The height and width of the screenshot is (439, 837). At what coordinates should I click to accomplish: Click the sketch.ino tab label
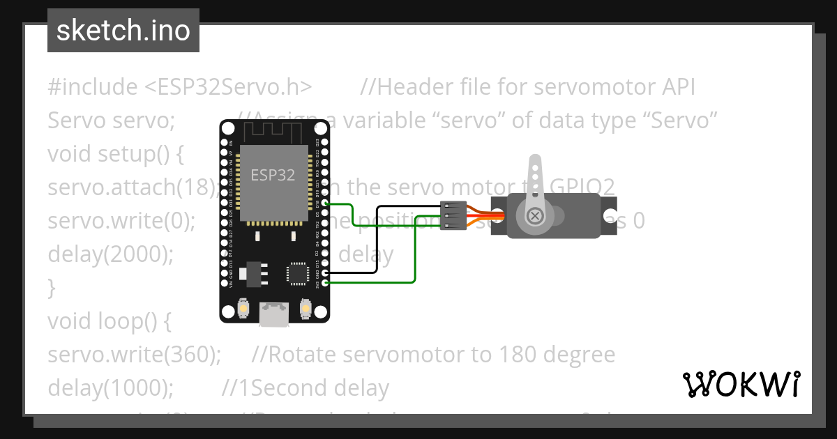tap(123, 31)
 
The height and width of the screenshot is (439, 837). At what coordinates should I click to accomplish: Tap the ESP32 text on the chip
tap(273, 175)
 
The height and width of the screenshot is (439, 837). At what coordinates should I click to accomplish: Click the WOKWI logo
tap(741, 384)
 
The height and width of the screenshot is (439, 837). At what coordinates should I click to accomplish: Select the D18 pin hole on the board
tap(324, 204)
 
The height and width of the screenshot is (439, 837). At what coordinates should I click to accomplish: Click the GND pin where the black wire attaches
tap(324, 273)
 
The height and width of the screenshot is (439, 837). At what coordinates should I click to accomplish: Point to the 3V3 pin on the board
tap(324, 283)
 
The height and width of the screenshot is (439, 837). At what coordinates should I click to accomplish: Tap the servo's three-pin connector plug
tap(453, 215)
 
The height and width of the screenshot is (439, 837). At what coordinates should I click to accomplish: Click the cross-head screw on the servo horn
tap(535, 216)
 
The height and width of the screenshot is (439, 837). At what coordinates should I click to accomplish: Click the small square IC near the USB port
tap(299, 272)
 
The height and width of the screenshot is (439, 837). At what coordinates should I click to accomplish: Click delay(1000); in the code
tap(110, 388)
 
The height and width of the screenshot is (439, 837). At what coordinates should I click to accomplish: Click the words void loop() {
tap(109, 321)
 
